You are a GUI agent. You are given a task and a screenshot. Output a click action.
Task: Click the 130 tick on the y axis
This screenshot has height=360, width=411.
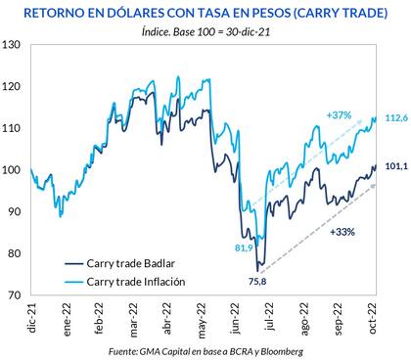(x=15, y=46)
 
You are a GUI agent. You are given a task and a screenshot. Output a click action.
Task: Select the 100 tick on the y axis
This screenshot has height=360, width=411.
(x=15, y=170)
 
